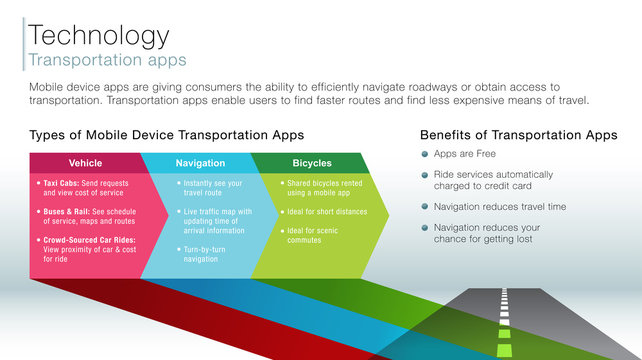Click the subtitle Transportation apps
pos(104,60)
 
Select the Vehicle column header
pos(85,163)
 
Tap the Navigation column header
pos(200,163)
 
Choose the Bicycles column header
pos(312,163)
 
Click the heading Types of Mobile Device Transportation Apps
pos(167,135)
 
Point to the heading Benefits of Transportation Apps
pos(519,135)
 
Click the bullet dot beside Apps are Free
pos(425,155)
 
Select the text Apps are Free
pos(464,155)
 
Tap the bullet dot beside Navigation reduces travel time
pos(425,207)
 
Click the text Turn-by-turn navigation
pos(206,252)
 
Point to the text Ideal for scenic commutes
pos(310,236)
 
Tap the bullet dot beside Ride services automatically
pos(425,175)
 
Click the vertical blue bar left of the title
pos(23,44)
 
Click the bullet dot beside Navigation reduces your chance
pos(425,227)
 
